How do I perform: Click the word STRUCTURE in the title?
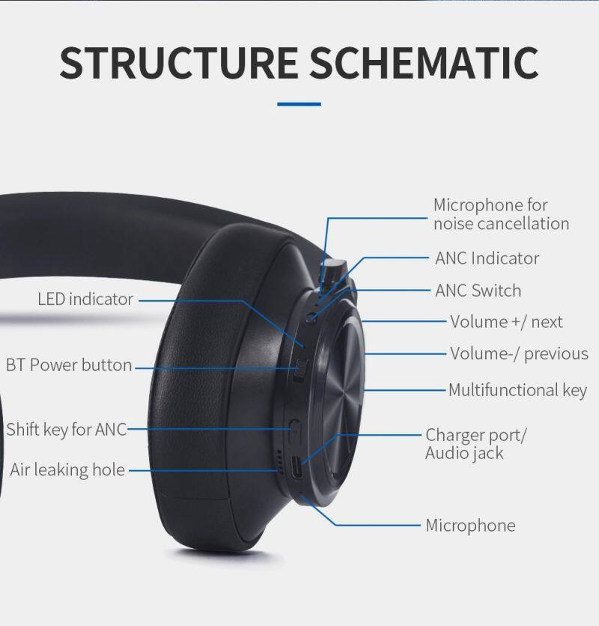[178, 63]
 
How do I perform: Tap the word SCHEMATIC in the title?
[424, 63]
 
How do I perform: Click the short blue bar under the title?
[299, 104]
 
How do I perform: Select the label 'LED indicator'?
[85, 299]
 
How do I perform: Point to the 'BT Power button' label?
[69, 365]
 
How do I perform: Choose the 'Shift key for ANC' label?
[67, 430]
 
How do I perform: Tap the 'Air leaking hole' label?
[67, 470]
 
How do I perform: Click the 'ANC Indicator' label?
[487, 258]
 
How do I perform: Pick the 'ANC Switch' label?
[478, 291]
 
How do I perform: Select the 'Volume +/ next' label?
[506, 322]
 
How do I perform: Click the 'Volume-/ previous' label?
[519, 354]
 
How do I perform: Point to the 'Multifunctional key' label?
[517, 390]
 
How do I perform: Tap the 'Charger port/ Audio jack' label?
[475, 444]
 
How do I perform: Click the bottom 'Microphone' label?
[470, 526]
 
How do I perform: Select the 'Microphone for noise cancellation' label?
[501, 214]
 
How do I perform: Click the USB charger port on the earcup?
[297, 467]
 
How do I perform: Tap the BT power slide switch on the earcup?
[301, 370]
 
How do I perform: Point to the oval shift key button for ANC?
[295, 431]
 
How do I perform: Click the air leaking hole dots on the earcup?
[280, 462]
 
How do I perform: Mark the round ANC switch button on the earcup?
[312, 317]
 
